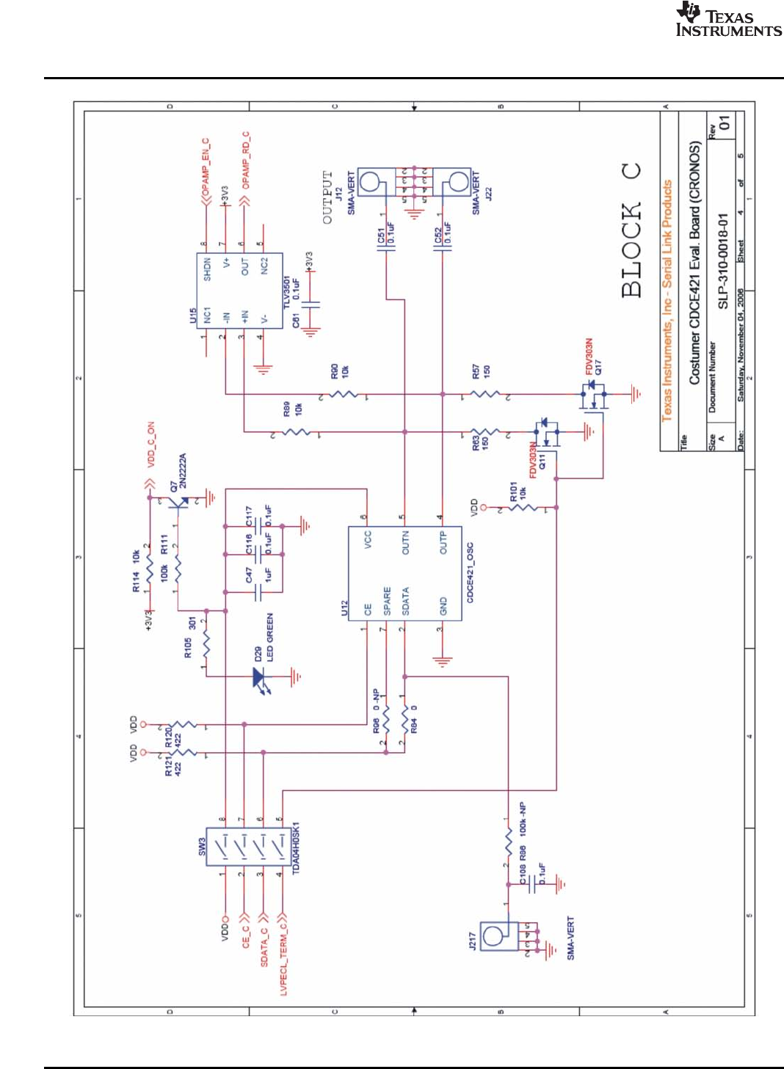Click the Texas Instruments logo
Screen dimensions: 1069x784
[727, 20]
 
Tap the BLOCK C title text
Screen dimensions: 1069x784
[631, 230]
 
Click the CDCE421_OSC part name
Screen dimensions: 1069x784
[470, 573]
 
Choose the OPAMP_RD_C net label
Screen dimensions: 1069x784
[246, 160]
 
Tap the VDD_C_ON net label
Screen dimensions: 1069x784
[151, 445]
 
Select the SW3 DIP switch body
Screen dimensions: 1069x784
[250, 847]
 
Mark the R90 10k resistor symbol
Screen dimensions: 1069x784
[344, 395]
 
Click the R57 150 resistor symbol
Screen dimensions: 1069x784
[484, 395]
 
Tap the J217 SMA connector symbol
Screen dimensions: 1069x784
[499, 936]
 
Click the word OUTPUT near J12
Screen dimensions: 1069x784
[327, 197]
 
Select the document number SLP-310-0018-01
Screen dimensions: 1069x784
[723, 261]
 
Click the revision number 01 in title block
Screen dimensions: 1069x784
[725, 123]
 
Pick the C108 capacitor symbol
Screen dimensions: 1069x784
[529, 885]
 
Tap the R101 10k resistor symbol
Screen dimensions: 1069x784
[523, 507]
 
